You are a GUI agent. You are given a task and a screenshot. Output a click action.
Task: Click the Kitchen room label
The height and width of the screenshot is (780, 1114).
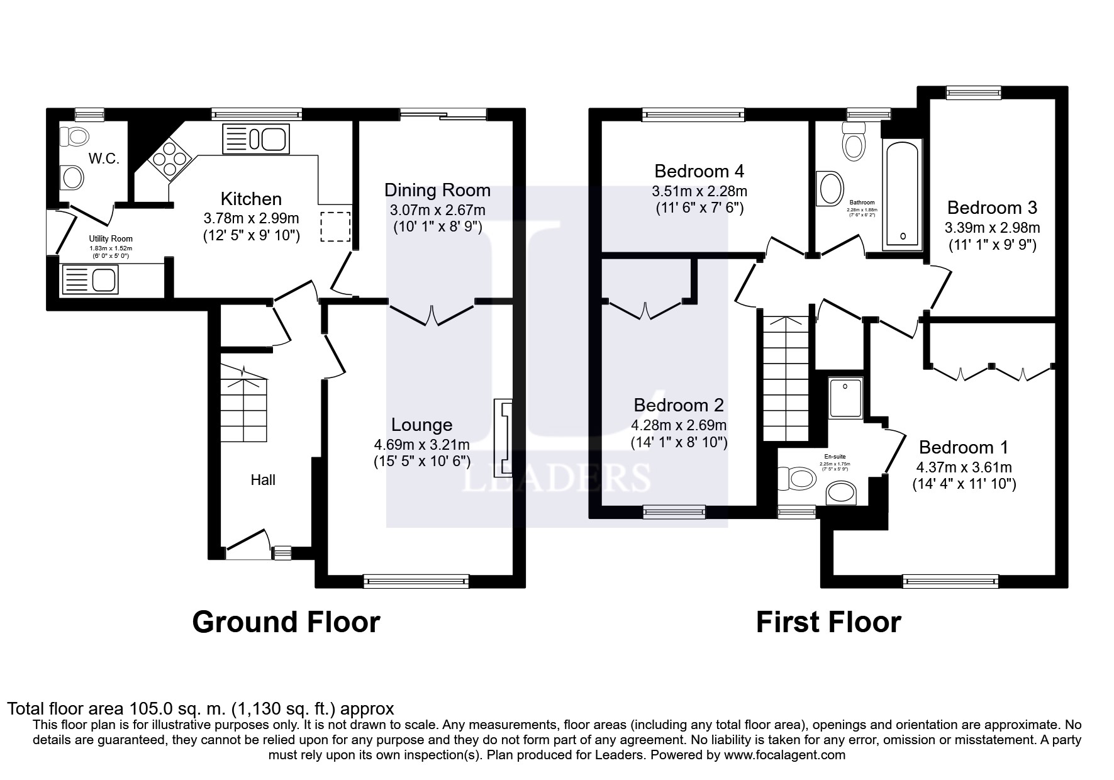click(x=250, y=199)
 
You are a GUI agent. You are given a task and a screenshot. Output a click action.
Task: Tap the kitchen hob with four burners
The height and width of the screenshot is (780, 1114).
click(x=169, y=159)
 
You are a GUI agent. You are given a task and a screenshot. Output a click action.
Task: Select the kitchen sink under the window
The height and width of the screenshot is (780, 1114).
click(x=255, y=140)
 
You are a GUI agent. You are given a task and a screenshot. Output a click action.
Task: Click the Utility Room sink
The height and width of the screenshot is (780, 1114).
click(x=90, y=279)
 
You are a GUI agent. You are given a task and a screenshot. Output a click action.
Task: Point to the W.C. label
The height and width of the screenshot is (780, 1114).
click(x=104, y=159)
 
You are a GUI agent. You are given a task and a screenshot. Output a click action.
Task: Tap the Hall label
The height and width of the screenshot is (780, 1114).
click(x=263, y=480)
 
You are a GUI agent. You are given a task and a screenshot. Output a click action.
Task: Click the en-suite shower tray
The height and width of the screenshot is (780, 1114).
click(x=845, y=397)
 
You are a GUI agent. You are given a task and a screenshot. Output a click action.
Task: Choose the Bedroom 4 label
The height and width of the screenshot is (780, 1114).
click(x=699, y=171)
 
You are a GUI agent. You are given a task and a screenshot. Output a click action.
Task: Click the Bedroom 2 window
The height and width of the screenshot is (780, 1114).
click(x=674, y=512)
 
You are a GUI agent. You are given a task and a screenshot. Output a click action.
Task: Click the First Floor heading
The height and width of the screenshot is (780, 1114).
click(x=828, y=622)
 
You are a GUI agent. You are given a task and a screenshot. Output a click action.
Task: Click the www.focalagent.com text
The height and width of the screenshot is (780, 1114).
click(x=784, y=755)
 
